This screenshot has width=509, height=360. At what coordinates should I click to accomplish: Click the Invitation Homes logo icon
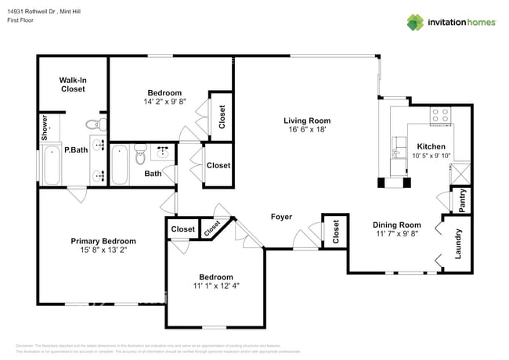[415, 22]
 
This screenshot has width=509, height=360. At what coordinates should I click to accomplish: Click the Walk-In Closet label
[73, 85]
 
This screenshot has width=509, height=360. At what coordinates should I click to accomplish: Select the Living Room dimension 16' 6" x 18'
[307, 131]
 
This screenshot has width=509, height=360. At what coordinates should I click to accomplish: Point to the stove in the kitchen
[439, 116]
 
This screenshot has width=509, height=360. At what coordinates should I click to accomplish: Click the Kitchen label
[431, 146]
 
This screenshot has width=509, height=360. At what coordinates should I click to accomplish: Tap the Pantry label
[463, 199]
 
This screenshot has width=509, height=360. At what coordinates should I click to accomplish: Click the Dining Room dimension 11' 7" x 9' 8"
[396, 235]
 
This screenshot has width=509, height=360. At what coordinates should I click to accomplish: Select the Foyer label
[282, 217]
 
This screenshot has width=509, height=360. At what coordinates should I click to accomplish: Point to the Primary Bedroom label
[103, 241]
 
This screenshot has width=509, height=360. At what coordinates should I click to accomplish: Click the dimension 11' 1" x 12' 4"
[215, 286]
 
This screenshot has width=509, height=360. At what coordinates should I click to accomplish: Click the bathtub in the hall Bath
[120, 166]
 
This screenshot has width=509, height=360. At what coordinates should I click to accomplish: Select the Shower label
[45, 128]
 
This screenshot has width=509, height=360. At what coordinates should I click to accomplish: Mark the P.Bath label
[75, 149]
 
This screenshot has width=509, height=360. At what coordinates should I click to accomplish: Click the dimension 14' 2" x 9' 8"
[164, 102]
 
